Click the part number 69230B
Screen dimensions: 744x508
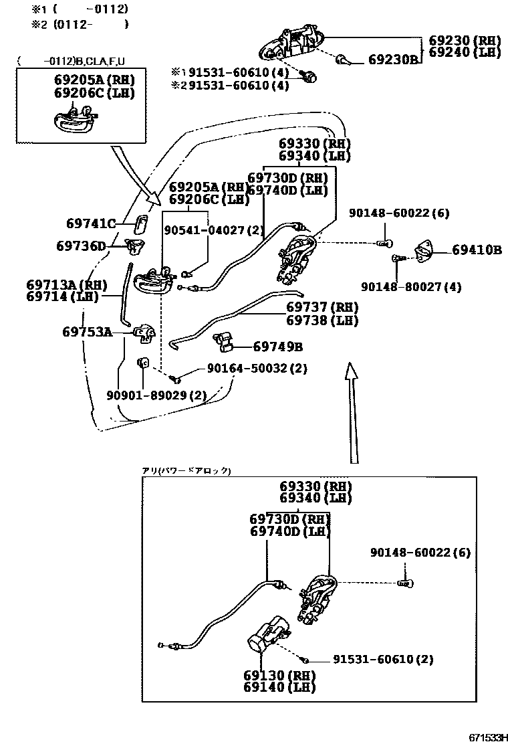(393, 60)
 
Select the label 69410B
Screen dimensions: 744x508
(477, 250)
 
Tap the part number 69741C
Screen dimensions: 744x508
(91, 223)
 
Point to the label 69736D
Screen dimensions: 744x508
(81, 246)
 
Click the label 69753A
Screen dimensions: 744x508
(88, 331)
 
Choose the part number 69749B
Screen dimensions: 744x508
(277, 347)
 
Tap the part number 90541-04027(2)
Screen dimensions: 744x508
(214, 230)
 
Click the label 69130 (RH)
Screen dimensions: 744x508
(279, 674)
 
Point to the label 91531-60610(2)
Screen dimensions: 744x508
(383, 660)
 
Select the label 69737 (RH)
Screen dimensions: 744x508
(322, 307)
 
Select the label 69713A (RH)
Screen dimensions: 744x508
(67, 284)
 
